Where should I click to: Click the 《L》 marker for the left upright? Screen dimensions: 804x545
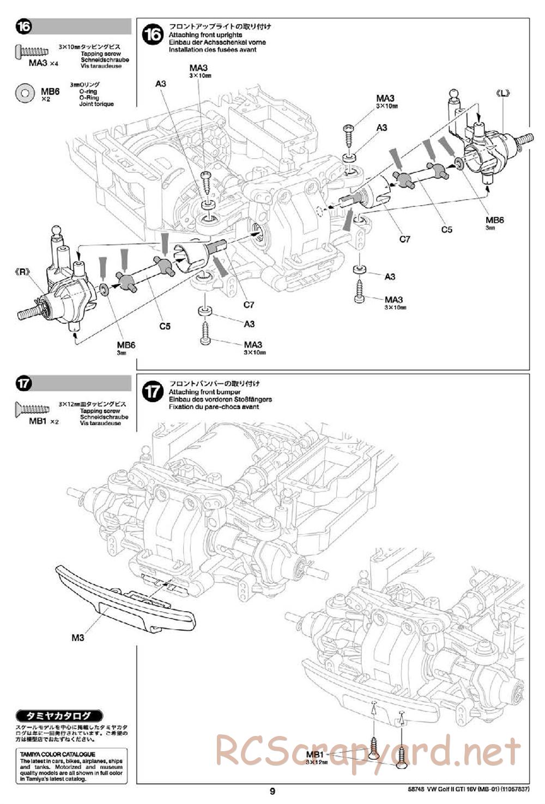pyautogui.click(x=502, y=93)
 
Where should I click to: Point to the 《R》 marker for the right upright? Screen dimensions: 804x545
pyautogui.click(x=22, y=272)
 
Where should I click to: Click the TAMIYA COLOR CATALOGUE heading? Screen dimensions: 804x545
pyautogui.click(x=57, y=754)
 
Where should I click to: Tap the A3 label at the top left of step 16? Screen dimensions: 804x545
pyautogui.click(x=160, y=84)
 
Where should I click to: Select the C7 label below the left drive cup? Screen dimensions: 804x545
pyautogui.click(x=249, y=305)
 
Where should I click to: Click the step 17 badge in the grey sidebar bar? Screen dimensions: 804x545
pyautogui.click(x=23, y=383)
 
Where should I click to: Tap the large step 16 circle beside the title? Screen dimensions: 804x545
pyautogui.click(x=152, y=35)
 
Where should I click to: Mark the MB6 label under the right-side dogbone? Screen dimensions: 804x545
pyautogui.click(x=126, y=345)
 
